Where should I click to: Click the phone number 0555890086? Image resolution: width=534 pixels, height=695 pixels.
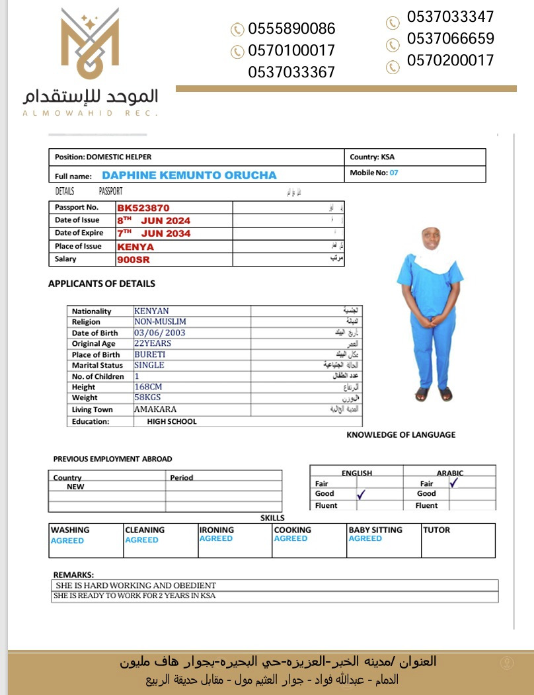291,28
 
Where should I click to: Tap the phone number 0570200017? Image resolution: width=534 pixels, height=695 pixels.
450,60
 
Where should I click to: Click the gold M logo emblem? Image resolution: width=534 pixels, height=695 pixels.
90,42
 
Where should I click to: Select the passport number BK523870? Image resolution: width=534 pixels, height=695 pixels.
143,208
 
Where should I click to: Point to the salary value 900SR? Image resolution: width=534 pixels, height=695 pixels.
133,260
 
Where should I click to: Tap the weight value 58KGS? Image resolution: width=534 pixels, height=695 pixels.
147,397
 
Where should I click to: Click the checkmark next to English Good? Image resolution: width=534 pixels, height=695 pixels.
362,493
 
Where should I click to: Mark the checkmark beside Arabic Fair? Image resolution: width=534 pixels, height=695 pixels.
454,483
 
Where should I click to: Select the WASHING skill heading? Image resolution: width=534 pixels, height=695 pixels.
70,530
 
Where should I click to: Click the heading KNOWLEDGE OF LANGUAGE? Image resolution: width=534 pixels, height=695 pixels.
400,434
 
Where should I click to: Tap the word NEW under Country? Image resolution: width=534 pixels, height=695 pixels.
75,487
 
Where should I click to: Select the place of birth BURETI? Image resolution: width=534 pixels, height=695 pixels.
149,354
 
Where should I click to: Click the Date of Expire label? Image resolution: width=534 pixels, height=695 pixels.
77,233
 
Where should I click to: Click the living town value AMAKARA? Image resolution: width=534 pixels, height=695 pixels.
155,409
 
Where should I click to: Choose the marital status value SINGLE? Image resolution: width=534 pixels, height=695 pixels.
149,365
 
